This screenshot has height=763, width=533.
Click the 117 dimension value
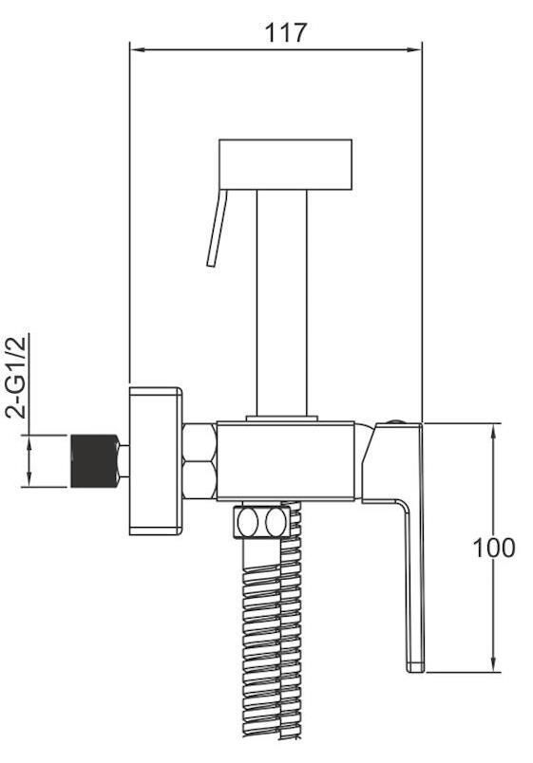[x=285, y=32]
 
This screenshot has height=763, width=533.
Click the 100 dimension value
[x=493, y=548]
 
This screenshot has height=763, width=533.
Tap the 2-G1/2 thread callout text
[x=17, y=376]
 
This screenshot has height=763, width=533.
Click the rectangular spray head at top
[x=285, y=164]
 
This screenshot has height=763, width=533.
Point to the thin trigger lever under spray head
[x=218, y=228]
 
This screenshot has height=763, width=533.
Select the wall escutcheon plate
[x=156, y=461]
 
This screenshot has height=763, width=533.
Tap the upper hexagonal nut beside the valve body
[x=200, y=442]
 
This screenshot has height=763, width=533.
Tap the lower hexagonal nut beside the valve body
[x=200, y=480]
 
